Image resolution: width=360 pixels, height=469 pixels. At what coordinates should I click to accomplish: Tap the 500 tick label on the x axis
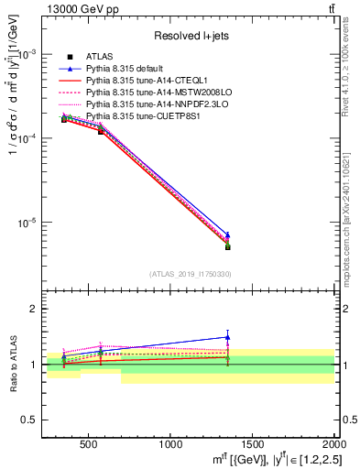[x=89, y=444]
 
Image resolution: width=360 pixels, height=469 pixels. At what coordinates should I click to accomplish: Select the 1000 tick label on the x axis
[x=170, y=444]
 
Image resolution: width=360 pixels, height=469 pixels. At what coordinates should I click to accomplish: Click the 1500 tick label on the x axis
[x=253, y=444]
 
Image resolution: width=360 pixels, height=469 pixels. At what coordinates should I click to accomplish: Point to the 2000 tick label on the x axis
[x=333, y=444]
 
